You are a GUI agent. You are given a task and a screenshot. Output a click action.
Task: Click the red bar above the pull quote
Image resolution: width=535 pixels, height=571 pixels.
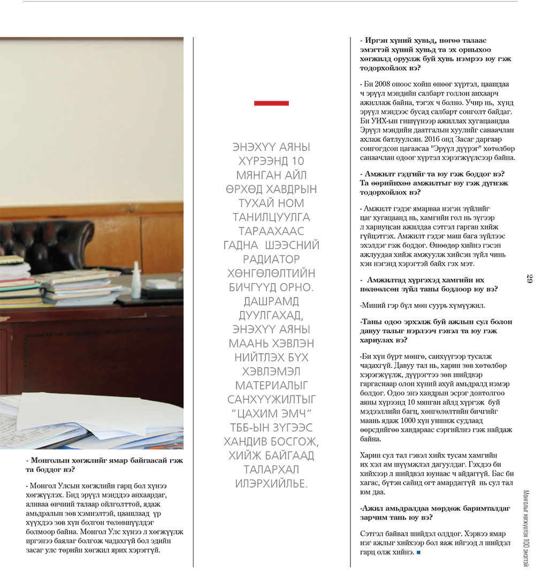point(271,103)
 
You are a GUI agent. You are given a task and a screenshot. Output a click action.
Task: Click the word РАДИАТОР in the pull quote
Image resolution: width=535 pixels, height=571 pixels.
point(271,259)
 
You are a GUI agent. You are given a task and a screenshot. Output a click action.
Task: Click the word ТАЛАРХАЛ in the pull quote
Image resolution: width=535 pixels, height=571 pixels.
point(271,470)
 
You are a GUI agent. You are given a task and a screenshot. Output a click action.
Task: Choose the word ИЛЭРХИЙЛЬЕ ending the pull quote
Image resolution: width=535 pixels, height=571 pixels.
point(271,484)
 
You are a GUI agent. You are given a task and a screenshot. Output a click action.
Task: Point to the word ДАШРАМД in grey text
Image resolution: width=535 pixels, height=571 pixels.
point(271,301)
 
